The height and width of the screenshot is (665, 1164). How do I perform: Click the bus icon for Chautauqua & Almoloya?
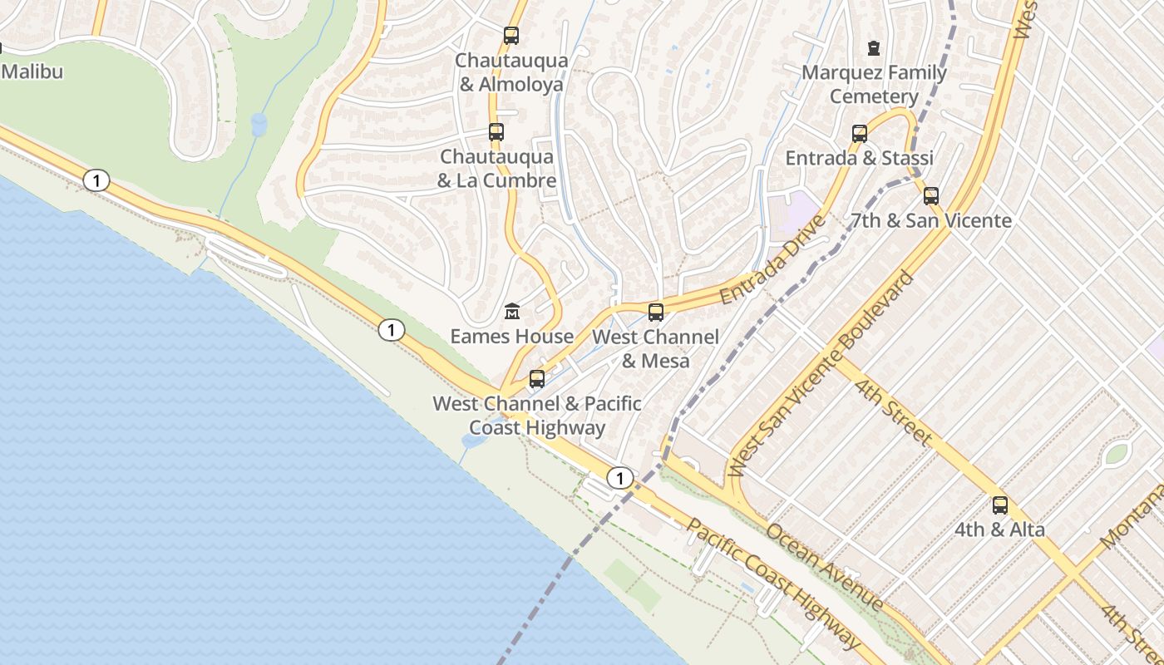511,36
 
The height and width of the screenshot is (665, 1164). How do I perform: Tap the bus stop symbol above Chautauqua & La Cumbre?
496,132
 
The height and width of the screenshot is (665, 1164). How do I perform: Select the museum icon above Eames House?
512,312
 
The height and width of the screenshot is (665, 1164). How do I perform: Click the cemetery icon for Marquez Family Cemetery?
873,48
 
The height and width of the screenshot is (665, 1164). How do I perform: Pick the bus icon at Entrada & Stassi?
860,134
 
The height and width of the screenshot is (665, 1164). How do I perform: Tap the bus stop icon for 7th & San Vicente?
931,196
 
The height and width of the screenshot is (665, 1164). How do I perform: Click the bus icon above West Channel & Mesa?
656,313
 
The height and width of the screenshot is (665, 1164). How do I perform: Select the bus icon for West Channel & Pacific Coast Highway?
537,379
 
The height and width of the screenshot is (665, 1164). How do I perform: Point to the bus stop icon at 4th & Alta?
1000,505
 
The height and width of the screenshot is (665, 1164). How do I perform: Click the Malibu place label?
32,71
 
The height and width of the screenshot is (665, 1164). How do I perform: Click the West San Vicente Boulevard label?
821,374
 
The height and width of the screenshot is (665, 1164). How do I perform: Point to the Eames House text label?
512,337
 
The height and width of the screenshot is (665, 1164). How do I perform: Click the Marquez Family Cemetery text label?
874,85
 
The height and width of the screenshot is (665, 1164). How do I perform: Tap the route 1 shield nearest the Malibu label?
96,180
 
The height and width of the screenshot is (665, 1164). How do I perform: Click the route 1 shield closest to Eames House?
391,330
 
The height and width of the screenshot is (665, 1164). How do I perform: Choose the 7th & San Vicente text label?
931,221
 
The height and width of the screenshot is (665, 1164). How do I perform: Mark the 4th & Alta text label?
999,530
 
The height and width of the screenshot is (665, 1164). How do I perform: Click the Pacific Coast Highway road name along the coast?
773,585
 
